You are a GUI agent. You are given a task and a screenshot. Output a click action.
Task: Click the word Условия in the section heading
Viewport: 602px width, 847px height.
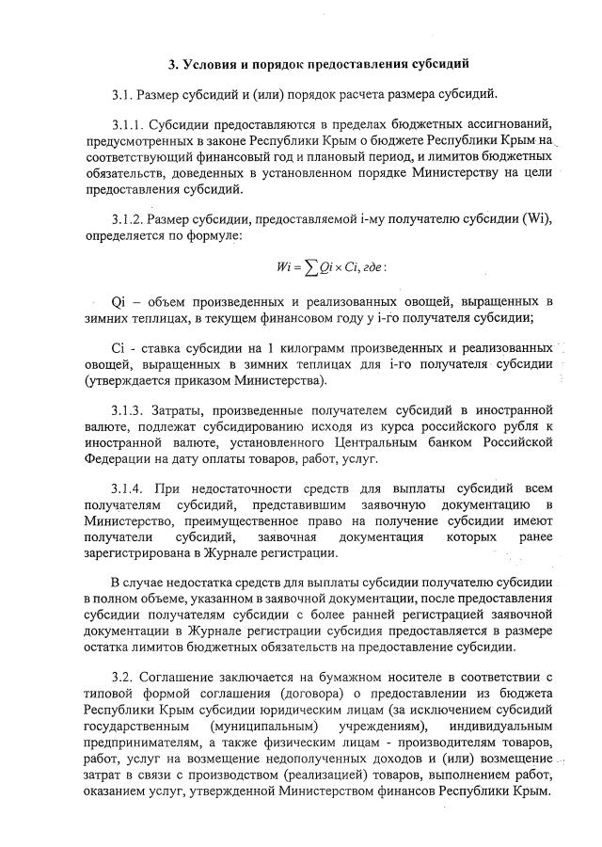click(x=213, y=64)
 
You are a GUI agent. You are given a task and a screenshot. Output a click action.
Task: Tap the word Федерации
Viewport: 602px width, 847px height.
click(x=116, y=458)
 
